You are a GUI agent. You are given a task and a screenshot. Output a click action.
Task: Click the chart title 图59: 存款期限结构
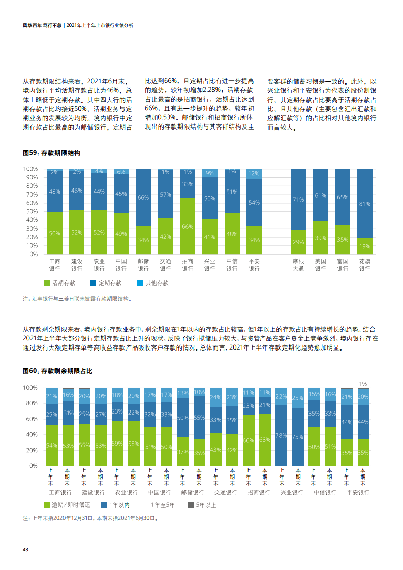click(51, 152)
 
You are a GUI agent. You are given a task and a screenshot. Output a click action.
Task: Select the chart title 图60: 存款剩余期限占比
click(57, 371)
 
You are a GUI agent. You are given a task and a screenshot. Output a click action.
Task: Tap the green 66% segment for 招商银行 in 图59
click(188, 226)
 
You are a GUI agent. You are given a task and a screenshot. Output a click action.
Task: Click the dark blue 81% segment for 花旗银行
click(364, 203)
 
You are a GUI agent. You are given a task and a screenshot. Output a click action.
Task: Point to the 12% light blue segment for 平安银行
click(254, 174)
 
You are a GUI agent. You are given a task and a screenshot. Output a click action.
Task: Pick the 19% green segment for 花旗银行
click(364, 246)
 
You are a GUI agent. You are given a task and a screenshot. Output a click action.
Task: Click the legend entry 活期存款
click(59, 283)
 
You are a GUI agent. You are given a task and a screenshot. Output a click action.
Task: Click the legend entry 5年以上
click(202, 505)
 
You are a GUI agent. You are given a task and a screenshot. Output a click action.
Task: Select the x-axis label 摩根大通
click(298, 265)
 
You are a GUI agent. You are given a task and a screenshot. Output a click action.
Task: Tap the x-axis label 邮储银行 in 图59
click(143, 265)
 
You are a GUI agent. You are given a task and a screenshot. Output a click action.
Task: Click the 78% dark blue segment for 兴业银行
click(281, 435)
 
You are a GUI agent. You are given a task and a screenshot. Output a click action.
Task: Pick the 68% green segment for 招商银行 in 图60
click(264, 440)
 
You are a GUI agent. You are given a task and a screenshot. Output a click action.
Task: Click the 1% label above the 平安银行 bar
click(363, 384)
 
